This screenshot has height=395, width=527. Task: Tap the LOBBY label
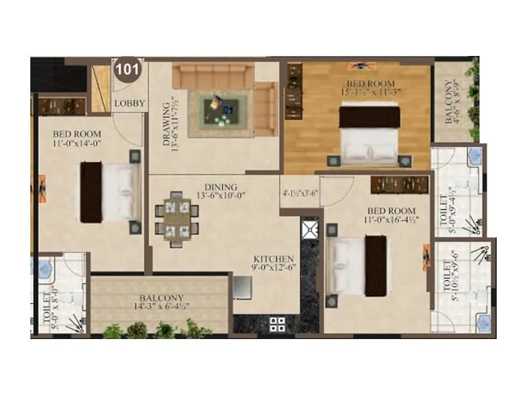(x=128, y=103)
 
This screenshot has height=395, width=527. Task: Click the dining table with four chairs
(x=177, y=215)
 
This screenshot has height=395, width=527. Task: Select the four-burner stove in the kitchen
(x=277, y=323)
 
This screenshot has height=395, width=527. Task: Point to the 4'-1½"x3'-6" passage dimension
(x=300, y=194)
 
